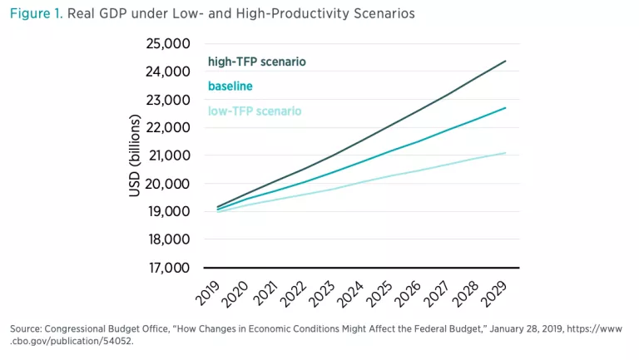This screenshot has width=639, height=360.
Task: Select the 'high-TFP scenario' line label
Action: pyautogui.click(x=256, y=62)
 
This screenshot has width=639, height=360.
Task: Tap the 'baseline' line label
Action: pyautogui.click(x=230, y=86)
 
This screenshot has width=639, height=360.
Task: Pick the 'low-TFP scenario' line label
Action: pyautogui.click(x=254, y=111)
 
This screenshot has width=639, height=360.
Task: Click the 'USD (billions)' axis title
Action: pyautogui.click(x=135, y=155)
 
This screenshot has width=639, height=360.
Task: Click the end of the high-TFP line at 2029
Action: pyautogui.click(x=506, y=61)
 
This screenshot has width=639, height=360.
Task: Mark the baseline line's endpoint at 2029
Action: pyautogui.click(x=506, y=108)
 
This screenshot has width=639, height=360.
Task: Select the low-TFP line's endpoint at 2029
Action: pyautogui.click(x=506, y=152)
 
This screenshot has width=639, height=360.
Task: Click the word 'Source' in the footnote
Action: pyautogui.click(x=27, y=329)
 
